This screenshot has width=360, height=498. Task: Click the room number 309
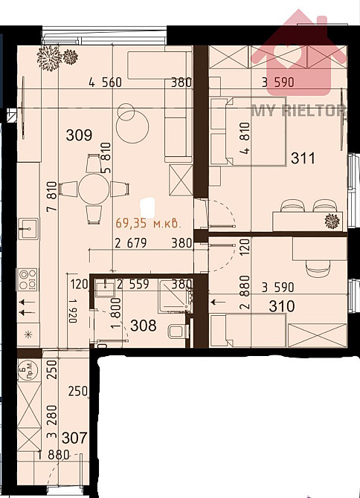click(79, 135)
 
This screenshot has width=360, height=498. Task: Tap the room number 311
click(303, 158)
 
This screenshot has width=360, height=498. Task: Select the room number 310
click(281, 306)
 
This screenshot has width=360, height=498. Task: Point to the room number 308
click(144, 326)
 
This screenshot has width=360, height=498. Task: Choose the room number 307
click(74, 438)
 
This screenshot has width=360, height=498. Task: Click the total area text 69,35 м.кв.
click(149, 223)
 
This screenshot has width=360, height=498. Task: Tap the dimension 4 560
click(105, 83)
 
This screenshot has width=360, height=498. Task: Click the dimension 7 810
click(52, 196)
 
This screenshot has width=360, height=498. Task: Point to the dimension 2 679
click(131, 243)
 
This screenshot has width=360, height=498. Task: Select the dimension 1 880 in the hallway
click(54, 455)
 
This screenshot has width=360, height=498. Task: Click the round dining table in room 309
click(94, 189)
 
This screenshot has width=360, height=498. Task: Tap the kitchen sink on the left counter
click(28, 228)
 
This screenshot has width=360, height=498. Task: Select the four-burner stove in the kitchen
click(28, 279)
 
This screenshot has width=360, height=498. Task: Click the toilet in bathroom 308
click(176, 332)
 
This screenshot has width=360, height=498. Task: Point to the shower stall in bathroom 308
click(176, 296)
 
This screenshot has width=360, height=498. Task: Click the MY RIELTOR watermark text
click(299, 111)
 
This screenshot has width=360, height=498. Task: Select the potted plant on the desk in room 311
click(332, 221)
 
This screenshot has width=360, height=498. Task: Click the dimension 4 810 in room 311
click(245, 138)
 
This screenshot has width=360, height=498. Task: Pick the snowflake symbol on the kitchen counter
click(28, 334)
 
